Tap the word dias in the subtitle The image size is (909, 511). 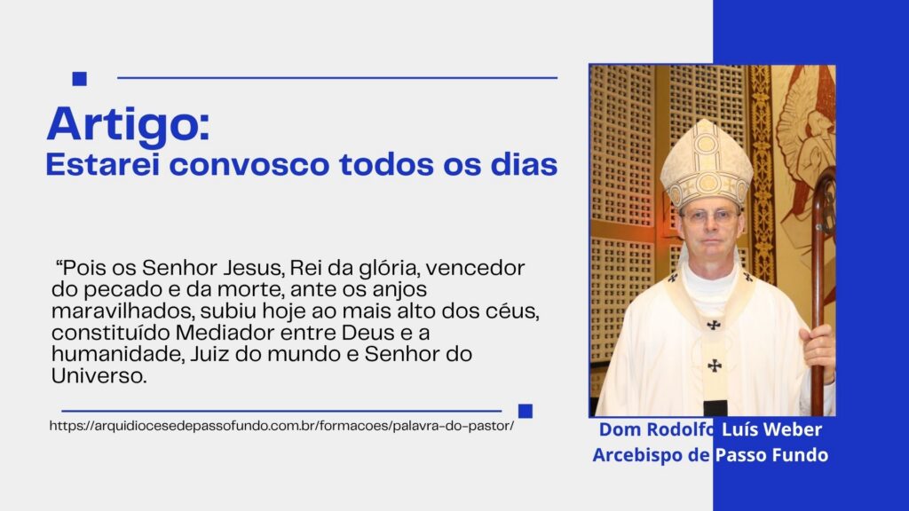(x=524, y=164)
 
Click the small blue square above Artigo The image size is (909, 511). (x=79, y=79)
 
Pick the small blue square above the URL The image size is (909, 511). (x=526, y=411)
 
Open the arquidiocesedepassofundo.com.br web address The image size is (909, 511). (x=281, y=426)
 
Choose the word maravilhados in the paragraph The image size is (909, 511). (x=123, y=311)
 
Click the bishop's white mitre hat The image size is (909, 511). (x=706, y=164)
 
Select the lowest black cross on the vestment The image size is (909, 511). (x=715, y=366)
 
